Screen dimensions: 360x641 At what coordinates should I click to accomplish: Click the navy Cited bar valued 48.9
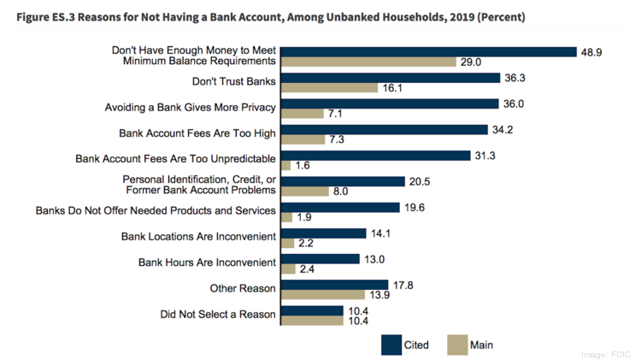[428, 51]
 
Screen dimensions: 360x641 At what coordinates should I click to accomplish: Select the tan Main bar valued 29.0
[368, 62]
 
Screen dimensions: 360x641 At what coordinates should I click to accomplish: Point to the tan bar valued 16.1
[329, 87]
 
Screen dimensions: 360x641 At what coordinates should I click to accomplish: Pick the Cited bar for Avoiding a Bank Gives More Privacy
[390, 103]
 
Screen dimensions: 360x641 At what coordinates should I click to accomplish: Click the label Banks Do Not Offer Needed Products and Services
[156, 210]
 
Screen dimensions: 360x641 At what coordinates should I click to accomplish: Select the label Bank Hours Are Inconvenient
[207, 262]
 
